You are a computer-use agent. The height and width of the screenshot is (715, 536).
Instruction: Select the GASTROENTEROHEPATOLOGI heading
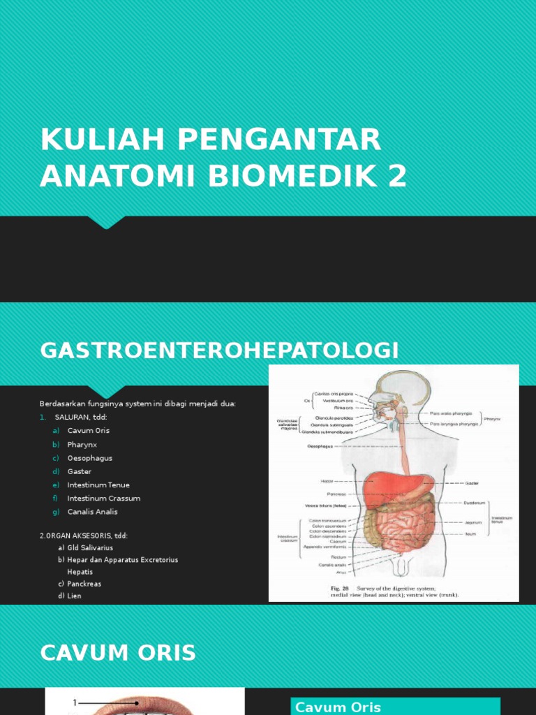[220, 351]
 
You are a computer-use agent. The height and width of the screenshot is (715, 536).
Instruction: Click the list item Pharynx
[82, 444]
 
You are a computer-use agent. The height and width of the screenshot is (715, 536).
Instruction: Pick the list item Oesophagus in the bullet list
[89, 458]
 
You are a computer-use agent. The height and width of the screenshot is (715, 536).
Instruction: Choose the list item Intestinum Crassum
[103, 499]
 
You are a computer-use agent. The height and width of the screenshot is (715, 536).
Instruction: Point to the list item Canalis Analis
[92, 512]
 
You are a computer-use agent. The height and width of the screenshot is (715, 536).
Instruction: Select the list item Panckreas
[84, 584]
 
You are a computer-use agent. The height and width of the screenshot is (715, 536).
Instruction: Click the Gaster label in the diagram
[472, 482]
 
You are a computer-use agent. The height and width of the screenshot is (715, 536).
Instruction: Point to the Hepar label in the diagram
[327, 481]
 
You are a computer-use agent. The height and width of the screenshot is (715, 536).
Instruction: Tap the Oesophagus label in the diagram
[321, 445]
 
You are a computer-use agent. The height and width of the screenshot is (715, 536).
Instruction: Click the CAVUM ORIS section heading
[118, 653]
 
